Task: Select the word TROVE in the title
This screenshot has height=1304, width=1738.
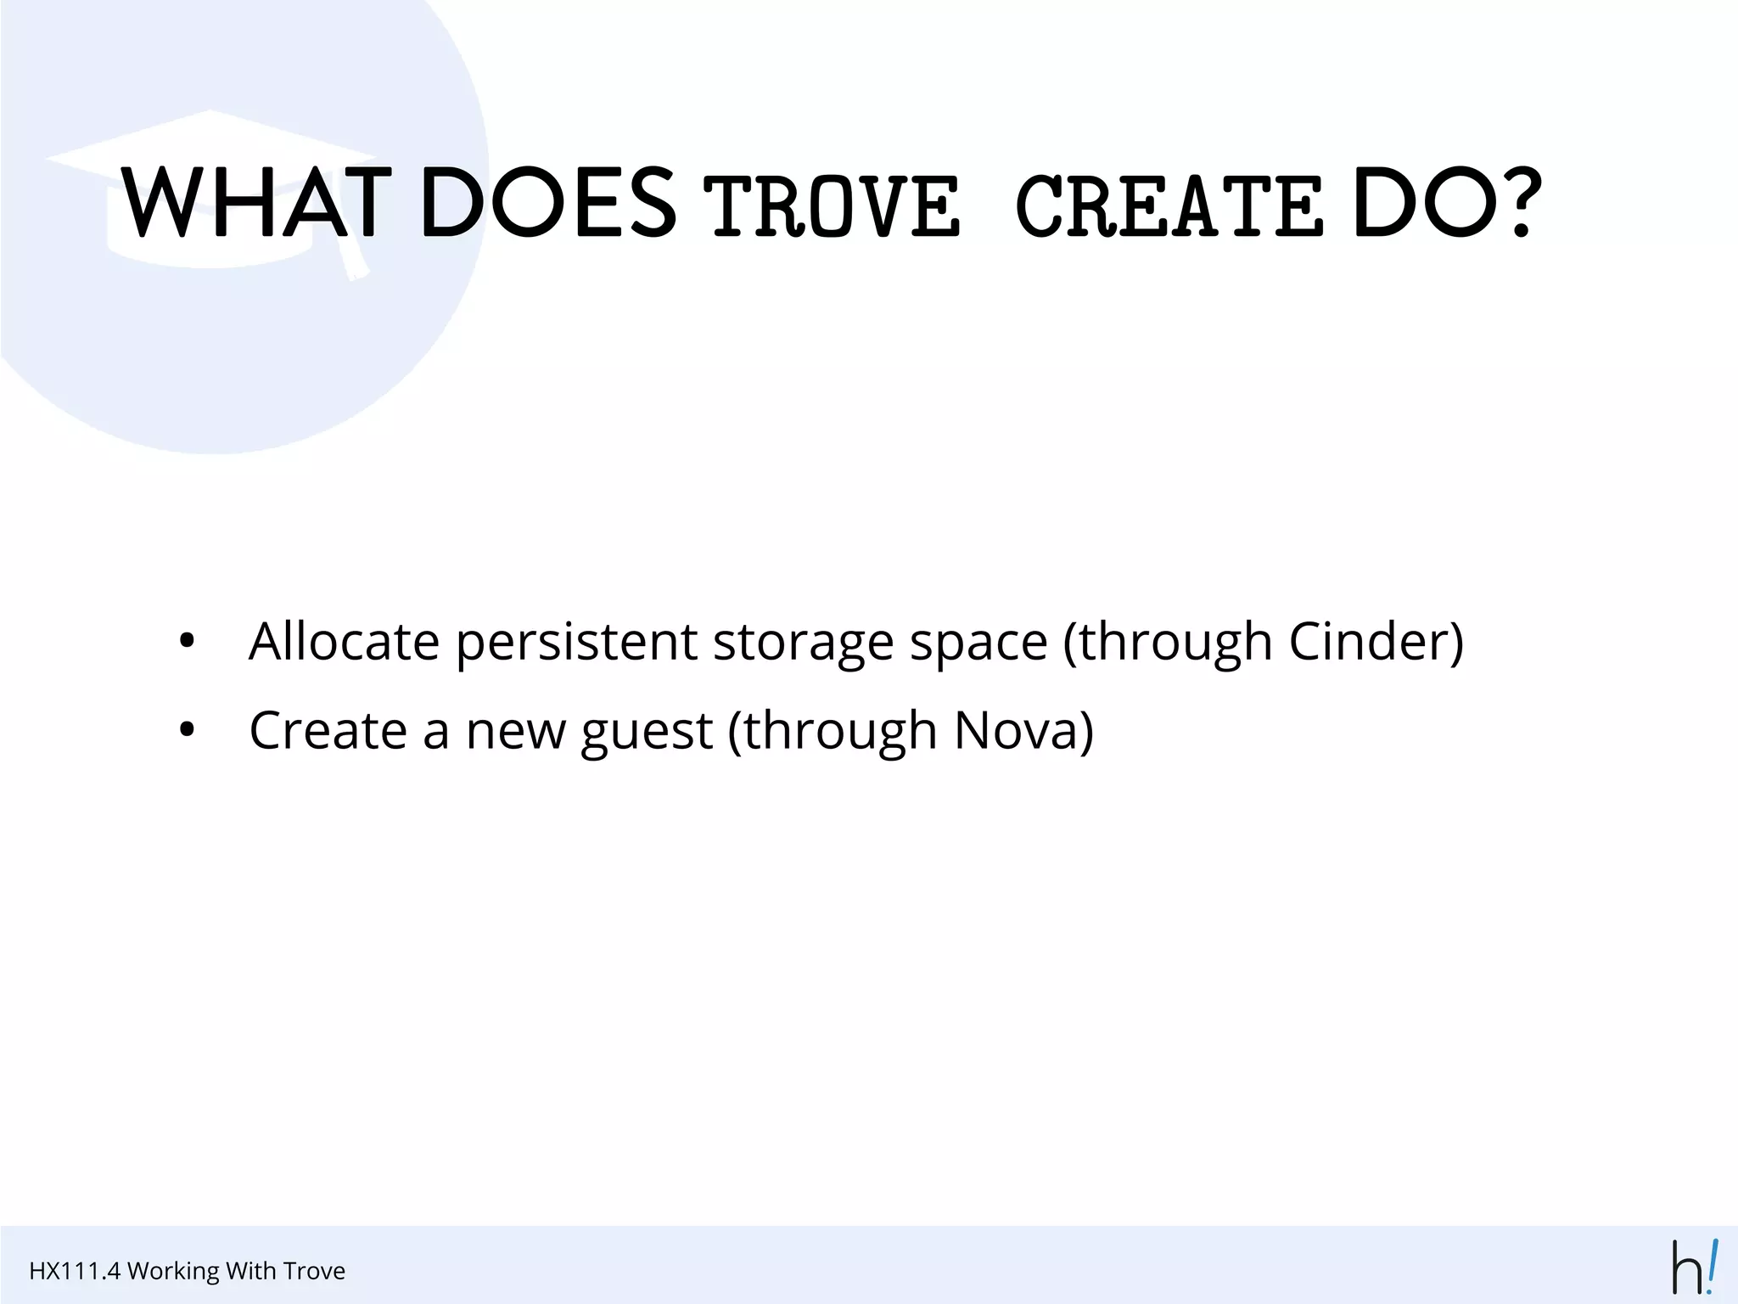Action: [832, 206]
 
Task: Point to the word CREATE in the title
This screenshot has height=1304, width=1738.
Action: [1169, 206]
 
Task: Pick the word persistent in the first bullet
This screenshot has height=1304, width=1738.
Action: [576, 643]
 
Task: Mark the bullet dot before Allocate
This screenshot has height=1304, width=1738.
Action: [188, 642]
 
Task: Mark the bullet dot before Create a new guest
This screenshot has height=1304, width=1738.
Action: [188, 730]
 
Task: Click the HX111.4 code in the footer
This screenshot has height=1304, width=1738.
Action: [75, 1271]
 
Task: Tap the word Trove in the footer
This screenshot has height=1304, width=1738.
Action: [314, 1271]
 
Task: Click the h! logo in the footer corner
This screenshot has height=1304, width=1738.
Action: [1694, 1267]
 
